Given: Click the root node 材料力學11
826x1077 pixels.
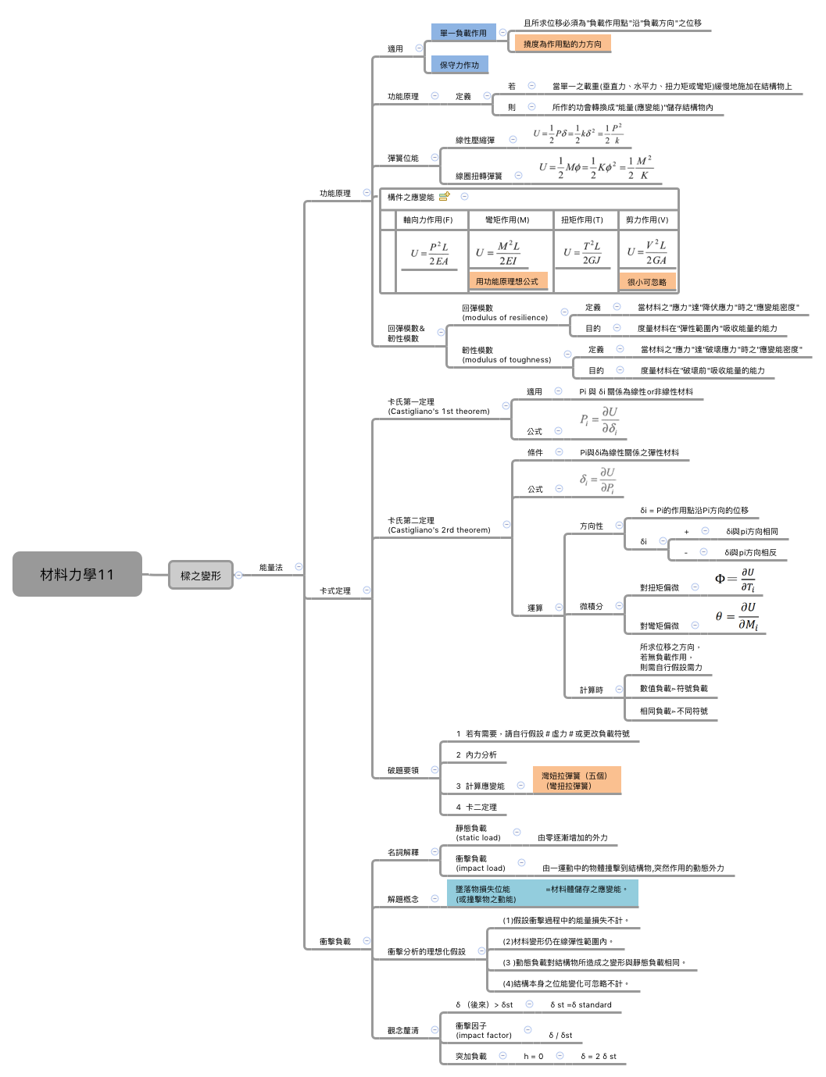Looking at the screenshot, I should (x=77, y=574).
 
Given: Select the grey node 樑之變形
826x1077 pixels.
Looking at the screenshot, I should (x=201, y=576).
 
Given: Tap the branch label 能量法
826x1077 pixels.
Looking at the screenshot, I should (x=271, y=568).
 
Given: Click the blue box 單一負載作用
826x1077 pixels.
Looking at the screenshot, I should (x=463, y=33).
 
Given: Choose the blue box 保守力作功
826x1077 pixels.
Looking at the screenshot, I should (x=459, y=65).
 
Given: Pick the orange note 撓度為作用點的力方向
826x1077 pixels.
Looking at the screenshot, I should (x=562, y=45).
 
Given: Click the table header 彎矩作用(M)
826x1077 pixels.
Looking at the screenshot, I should (x=507, y=220).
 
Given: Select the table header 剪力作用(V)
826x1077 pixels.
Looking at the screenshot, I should (x=647, y=220).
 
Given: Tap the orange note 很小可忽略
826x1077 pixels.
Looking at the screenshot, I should (x=647, y=282).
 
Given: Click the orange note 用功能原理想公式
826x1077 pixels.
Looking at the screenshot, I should (x=507, y=281).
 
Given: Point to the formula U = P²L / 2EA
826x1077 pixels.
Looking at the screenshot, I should (x=430, y=254).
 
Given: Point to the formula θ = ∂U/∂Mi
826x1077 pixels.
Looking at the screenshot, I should (x=737, y=616).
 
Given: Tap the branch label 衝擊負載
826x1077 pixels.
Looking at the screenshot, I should (x=334, y=942).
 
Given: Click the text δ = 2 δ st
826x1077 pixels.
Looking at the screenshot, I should (x=599, y=1057).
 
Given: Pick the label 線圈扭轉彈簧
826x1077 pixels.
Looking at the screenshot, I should (x=479, y=177).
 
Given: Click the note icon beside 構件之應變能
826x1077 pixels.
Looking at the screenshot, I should (x=444, y=197).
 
